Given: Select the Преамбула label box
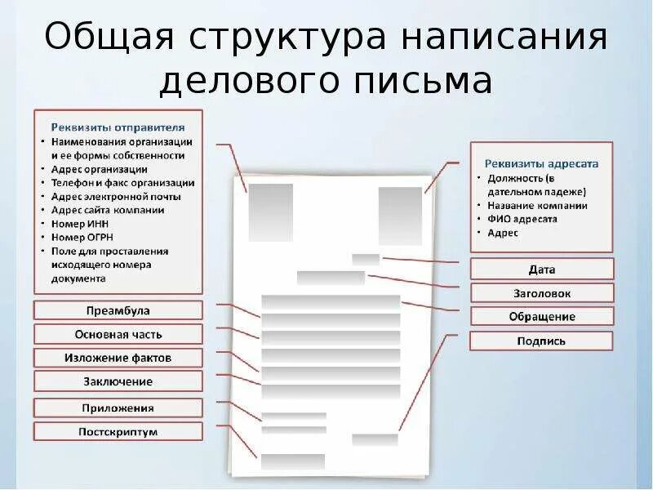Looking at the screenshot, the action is point(118,310).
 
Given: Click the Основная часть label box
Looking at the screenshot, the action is point(118,334).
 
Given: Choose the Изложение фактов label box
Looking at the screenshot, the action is point(118,358).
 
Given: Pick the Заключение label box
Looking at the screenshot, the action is point(118,381).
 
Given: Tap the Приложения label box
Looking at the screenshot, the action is point(118,408).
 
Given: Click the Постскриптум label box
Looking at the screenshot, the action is point(118,431).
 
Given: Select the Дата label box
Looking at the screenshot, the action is point(542,269).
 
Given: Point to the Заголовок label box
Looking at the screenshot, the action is point(542,293).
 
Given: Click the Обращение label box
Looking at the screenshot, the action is point(542,317).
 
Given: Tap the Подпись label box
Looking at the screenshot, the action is point(542,341).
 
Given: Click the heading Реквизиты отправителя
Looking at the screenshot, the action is point(118,127).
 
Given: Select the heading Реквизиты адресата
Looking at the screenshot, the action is point(543,163).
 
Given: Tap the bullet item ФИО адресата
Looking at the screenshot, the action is point(522,219).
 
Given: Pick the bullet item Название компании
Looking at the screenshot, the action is point(538,205).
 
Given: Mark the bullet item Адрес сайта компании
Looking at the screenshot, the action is point(108,210).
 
